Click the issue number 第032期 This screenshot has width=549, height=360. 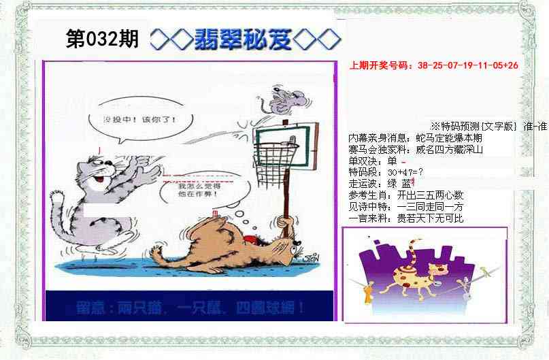(101, 39)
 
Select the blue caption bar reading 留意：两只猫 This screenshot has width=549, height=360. (190, 307)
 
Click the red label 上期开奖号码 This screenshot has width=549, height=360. (381, 65)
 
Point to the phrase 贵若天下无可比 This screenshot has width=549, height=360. (430, 218)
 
